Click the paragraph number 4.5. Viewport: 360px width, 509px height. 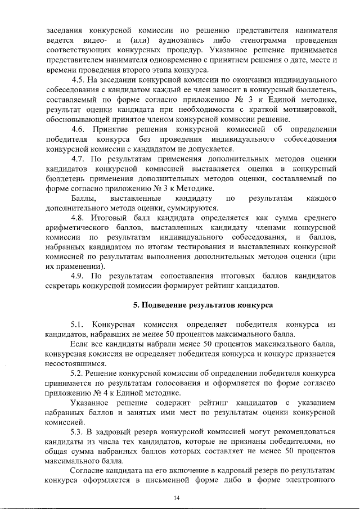[x=79, y=78]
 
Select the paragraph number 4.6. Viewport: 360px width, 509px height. [x=79, y=130]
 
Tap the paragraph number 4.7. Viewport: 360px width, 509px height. [x=79, y=159]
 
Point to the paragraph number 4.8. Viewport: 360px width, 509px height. [x=79, y=217]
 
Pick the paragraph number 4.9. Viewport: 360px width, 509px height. [x=79, y=276]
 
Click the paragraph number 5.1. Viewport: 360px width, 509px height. [x=79, y=325]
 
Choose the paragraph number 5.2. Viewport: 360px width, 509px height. [x=79, y=373]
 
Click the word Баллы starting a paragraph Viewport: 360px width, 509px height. [x=83, y=199]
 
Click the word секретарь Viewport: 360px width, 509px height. [x=65, y=285]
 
